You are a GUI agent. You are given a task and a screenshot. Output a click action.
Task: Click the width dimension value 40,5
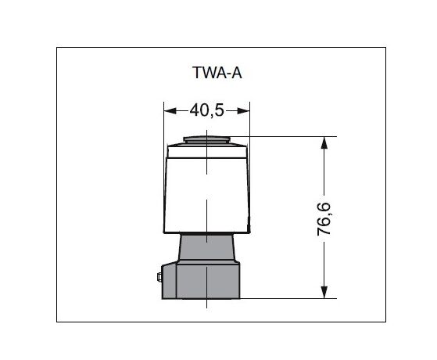[206, 111]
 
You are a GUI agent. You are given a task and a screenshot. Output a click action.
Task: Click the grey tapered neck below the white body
[206, 249]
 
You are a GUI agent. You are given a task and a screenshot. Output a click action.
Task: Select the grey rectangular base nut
[206, 282]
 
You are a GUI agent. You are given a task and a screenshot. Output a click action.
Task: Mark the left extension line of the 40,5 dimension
[163, 125]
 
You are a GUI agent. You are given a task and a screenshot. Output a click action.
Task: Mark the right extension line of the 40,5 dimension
[249, 125]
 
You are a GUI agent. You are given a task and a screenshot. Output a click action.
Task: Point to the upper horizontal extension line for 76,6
[289, 137]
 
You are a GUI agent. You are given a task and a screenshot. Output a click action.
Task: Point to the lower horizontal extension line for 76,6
[289, 298]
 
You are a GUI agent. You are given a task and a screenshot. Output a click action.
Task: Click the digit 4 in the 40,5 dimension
[193, 111]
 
